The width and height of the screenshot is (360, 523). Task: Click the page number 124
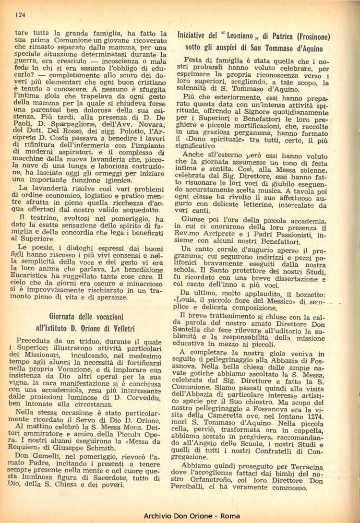(x=20, y=14)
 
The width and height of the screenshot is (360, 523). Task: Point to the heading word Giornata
(x=67, y=317)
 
